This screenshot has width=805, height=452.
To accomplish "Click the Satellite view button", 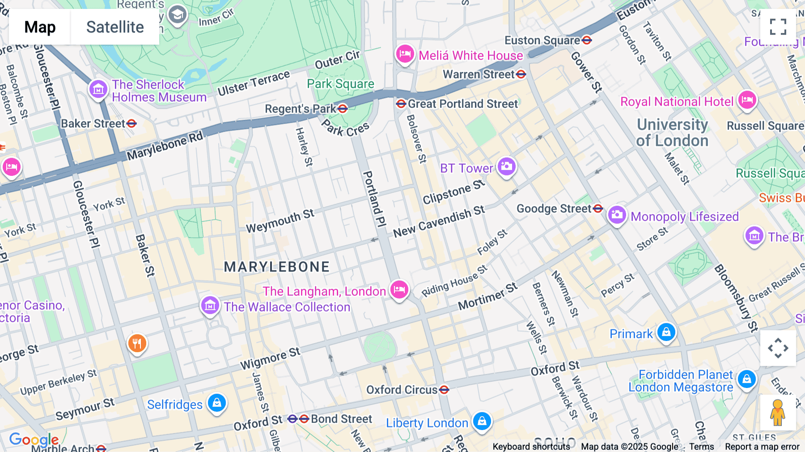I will (x=115, y=27).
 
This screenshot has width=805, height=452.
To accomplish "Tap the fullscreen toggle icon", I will (x=778, y=27).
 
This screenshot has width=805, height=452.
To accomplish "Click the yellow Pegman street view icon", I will (x=778, y=412).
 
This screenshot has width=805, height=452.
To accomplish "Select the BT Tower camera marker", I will (x=506, y=166).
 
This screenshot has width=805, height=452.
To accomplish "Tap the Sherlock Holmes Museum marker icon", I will (x=98, y=89).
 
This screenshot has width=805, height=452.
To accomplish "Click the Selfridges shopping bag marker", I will (x=217, y=403).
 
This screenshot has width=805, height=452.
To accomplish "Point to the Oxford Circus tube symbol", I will (x=444, y=390).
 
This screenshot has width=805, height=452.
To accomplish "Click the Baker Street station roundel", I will (x=131, y=124).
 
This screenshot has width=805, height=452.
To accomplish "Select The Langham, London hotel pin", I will (x=399, y=290).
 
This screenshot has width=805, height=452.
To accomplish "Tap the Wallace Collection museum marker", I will (x=210, y=306).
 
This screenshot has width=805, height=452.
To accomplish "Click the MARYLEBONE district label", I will (x=277, y=267).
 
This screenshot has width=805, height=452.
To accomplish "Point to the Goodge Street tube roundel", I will (x=598, y=209).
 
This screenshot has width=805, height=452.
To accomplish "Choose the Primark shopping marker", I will (x=666, y=333).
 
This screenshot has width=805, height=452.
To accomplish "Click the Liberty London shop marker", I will (x=482, y=421).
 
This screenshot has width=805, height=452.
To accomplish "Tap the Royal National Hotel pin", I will (x=747, y=100).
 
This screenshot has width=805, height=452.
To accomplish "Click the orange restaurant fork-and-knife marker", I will (x=137, y=343).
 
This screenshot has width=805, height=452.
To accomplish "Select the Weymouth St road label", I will (x=280, y=221).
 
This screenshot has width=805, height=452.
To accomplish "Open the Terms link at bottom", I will (x=701, y=447).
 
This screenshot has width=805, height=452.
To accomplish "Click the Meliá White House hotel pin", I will (x=405, y=54).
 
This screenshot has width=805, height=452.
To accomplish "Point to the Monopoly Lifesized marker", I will (x=617, y=215).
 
